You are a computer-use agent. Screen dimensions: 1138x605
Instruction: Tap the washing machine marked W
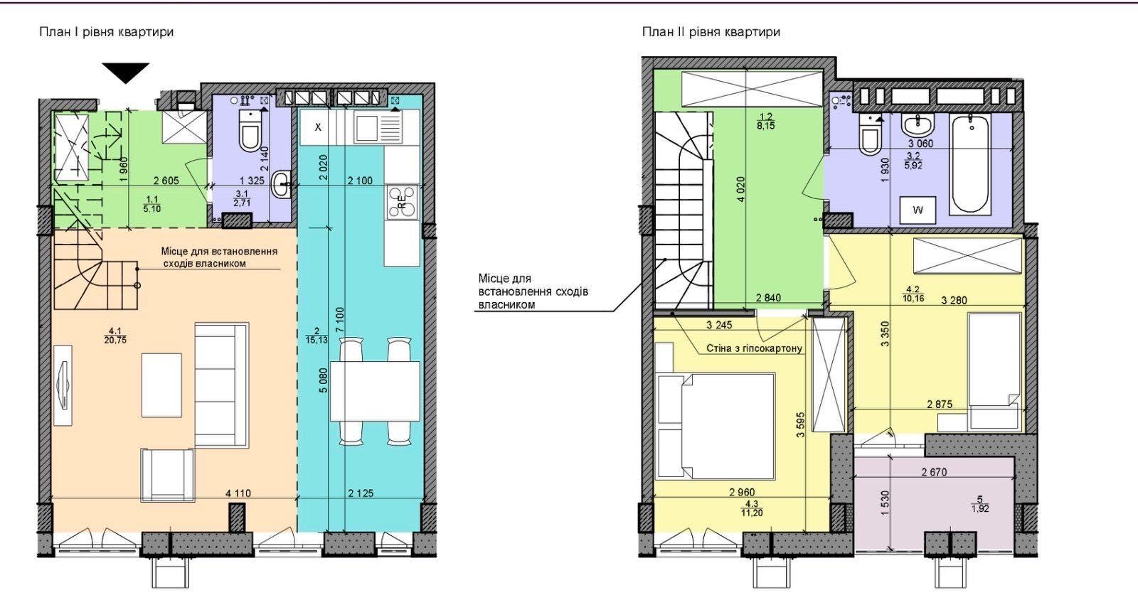[x=918, y=210]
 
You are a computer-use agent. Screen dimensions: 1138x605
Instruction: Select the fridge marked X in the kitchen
[x=318, y=127]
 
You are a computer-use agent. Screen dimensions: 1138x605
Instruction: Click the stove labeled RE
[x=401, y=203]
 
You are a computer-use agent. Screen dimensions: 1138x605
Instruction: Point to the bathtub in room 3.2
[x=970, y=164]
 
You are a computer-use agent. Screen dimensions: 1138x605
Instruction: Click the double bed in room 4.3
[x=716, y=426]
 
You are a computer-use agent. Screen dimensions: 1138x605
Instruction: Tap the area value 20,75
[x=115, y=341]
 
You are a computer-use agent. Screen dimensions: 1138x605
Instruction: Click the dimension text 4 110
[x=238, y=493]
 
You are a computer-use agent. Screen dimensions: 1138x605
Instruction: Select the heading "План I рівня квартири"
[x=107, y=32]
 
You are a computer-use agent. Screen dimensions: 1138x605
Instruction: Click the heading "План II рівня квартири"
[x=711, y=32]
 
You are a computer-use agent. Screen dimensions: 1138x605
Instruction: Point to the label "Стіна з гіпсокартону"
[x=755, y=348]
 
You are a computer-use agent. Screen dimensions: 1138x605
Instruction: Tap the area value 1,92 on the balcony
[x=980, y=508]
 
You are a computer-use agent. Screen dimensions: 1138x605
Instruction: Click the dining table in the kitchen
[x=375, y=391]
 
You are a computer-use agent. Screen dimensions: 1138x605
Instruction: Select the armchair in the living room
[x=168, y=474]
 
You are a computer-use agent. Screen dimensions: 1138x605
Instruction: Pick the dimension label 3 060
[x=920, y=144]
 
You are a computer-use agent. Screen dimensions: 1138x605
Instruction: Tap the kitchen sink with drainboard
[x=378, y=128]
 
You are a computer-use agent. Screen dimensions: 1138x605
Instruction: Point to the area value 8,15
[x=765, y=126]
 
